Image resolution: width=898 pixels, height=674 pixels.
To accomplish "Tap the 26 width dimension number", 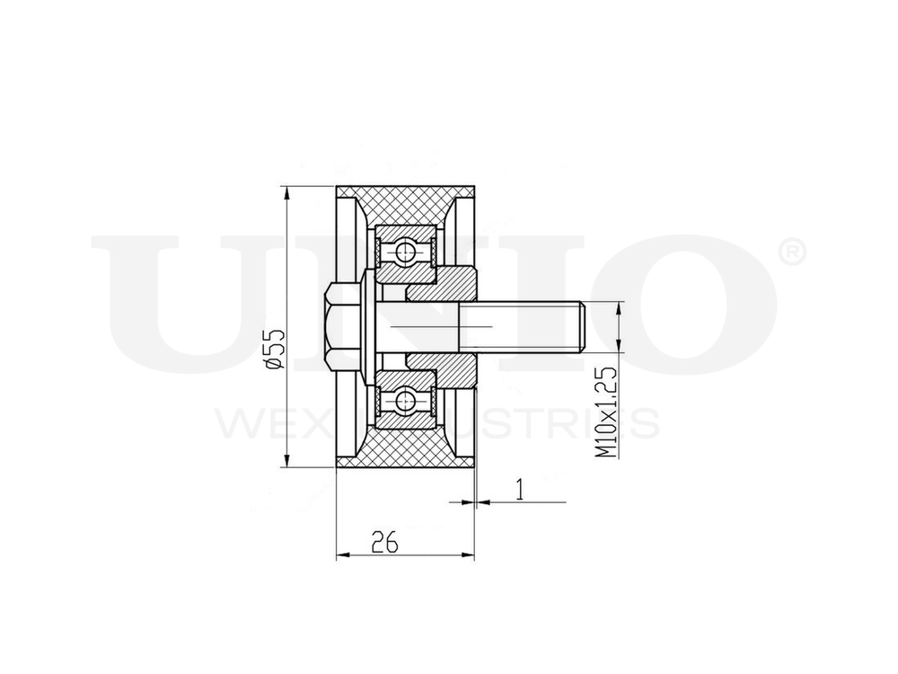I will click(x=383, y=540).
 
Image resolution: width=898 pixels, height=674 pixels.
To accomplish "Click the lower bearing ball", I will click(x=406, y=400).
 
